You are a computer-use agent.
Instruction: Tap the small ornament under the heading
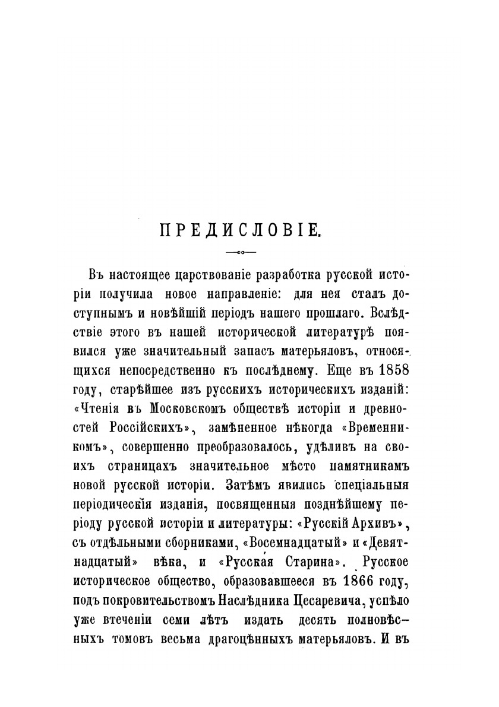[x=241, y=252]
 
